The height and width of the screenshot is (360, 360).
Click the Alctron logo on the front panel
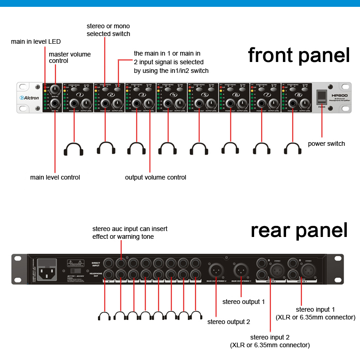pos(29,98)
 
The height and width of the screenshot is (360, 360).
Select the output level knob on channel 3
pos(149,104)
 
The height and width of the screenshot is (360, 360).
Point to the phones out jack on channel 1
pos(74,104)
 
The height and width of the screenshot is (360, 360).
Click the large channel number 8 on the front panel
pos(298,94)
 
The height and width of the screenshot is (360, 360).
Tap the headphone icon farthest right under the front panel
pos(292,149)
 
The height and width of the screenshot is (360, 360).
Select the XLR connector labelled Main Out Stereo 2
pos(215,270)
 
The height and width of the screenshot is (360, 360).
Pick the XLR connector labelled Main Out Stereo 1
pos(240,270)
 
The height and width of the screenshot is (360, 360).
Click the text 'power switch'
pos(326,144)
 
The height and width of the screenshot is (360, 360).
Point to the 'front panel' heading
pos(299,55)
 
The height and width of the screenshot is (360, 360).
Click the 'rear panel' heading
pos(299,230)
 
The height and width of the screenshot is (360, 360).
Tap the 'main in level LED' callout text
pos(36,42)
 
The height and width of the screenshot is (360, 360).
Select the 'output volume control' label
pos(156,177)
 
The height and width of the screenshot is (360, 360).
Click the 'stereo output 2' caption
pos(229,322)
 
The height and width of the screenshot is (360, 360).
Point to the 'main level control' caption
pos(55,177)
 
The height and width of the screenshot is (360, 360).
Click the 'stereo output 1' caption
pos(244,302)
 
